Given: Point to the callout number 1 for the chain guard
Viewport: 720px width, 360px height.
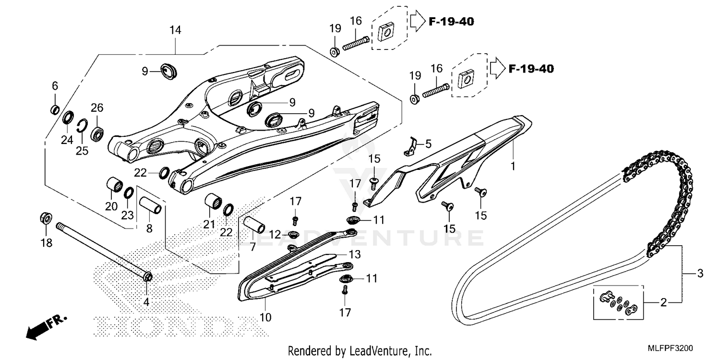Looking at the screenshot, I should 512,167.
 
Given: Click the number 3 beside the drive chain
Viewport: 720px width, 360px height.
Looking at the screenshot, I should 699,274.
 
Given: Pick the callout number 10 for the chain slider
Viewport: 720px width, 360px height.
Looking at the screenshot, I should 265,317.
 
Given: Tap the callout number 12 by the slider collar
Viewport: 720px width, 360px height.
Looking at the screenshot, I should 275,235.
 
